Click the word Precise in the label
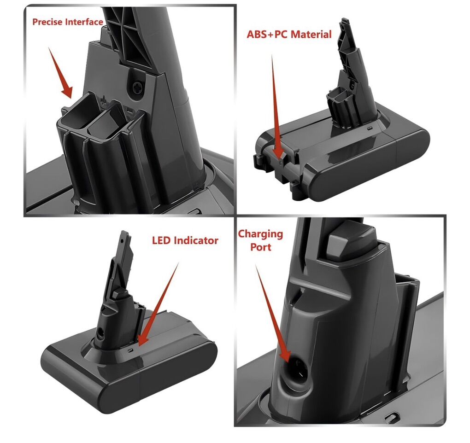click(47, 22)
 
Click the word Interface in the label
click(84, 22)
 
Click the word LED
click(162, 240)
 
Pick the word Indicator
click(196, 240)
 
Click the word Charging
click(260, 234)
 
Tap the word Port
click(261, 247)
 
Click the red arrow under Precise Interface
click(60, 73)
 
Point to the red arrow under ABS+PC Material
click(276, 107)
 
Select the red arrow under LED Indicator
click(158, 304)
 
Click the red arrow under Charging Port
click(272, 313)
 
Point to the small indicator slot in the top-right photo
click(370, 128)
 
